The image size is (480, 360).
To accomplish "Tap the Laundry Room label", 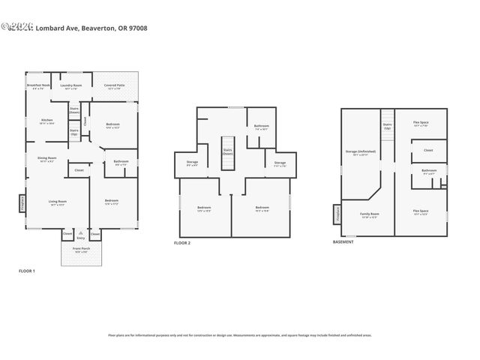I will click(x=71, y=87).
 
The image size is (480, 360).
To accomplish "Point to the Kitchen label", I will click(x=46, y=121).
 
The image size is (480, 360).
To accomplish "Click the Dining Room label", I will click(x=47, y=159).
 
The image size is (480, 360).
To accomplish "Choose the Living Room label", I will click(x=58, y=202).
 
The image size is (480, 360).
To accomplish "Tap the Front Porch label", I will click(x=80, y=250).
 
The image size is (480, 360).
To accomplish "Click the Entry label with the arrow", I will click(x=80, y=237).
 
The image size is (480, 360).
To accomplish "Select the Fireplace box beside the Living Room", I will click(x=22, y=203).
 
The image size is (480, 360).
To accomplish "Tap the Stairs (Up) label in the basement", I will click(x=387, y=127).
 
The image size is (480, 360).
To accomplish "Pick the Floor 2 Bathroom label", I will click(x=261, y=127).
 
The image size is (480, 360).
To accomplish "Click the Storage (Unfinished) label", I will click(x=361, y=152).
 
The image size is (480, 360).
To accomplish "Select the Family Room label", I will click(x=369, y=215).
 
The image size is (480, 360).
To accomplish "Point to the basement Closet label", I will click(x=428, y=150).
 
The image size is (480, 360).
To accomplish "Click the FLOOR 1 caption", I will click(x=27, y=270).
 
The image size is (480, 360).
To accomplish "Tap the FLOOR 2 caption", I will click(x=182, y=244).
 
